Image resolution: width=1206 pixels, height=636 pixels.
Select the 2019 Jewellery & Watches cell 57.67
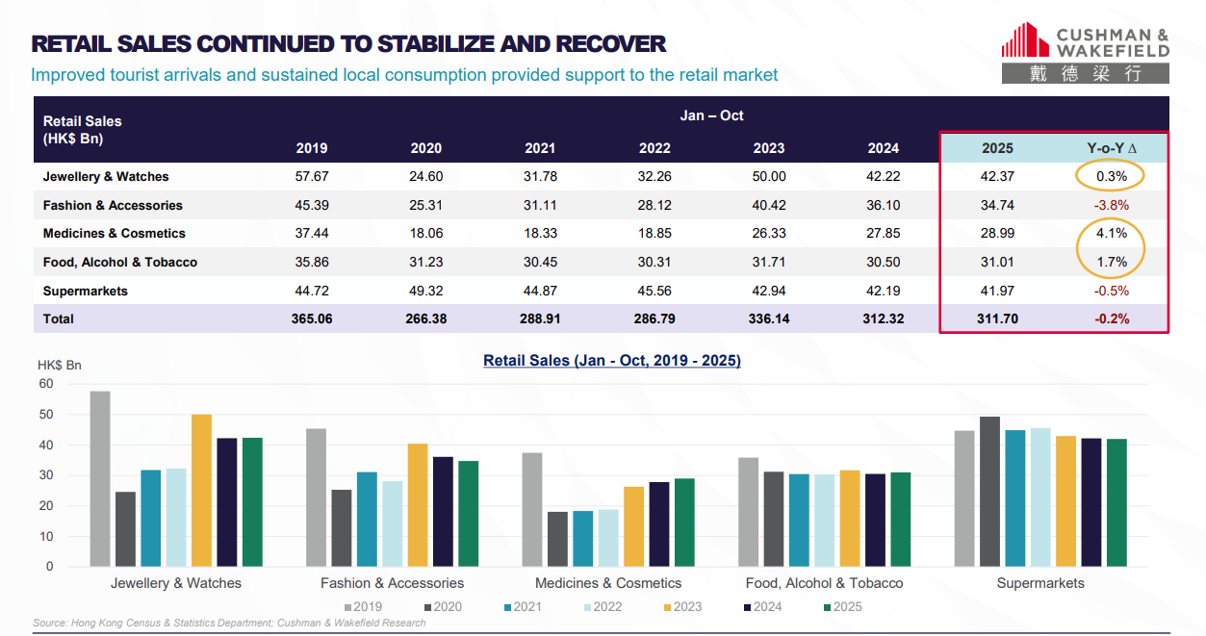coord(312,177)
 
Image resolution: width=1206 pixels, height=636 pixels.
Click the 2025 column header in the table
coord(997,148)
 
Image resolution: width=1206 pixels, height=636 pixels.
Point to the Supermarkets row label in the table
coord(85,291)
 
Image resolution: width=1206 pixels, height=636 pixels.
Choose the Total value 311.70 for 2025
coord(997,318)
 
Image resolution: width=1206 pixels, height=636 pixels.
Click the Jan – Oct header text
coord(712,115)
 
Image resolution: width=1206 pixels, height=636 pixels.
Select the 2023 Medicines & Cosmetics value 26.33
coord(768,234)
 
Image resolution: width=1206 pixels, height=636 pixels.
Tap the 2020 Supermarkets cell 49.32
coord(426,291)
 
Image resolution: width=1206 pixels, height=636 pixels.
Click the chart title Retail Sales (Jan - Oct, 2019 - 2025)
coord(612,361)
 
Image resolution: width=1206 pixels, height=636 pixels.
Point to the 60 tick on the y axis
coord(46,384)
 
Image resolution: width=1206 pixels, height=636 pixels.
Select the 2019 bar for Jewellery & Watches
coord(100,479)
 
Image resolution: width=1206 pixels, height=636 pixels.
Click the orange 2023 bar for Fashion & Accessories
coord(418,505)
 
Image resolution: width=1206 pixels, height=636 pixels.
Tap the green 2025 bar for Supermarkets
coord(1116,502)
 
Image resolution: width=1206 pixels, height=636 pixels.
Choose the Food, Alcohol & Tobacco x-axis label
coord(824,583)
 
